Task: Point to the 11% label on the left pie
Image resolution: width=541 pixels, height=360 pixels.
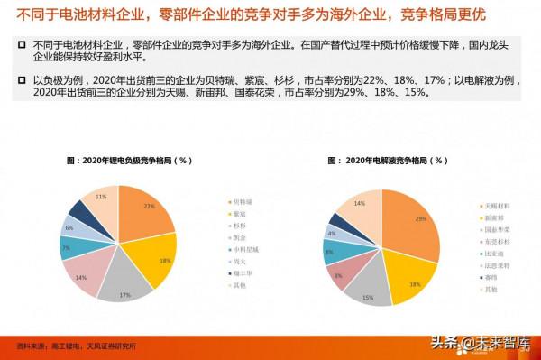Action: (x=101, y=196)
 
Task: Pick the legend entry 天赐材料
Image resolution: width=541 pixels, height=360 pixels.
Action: (x=493, y=206)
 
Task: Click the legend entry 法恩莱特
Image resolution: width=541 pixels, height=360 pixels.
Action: (x=493, y=266)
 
